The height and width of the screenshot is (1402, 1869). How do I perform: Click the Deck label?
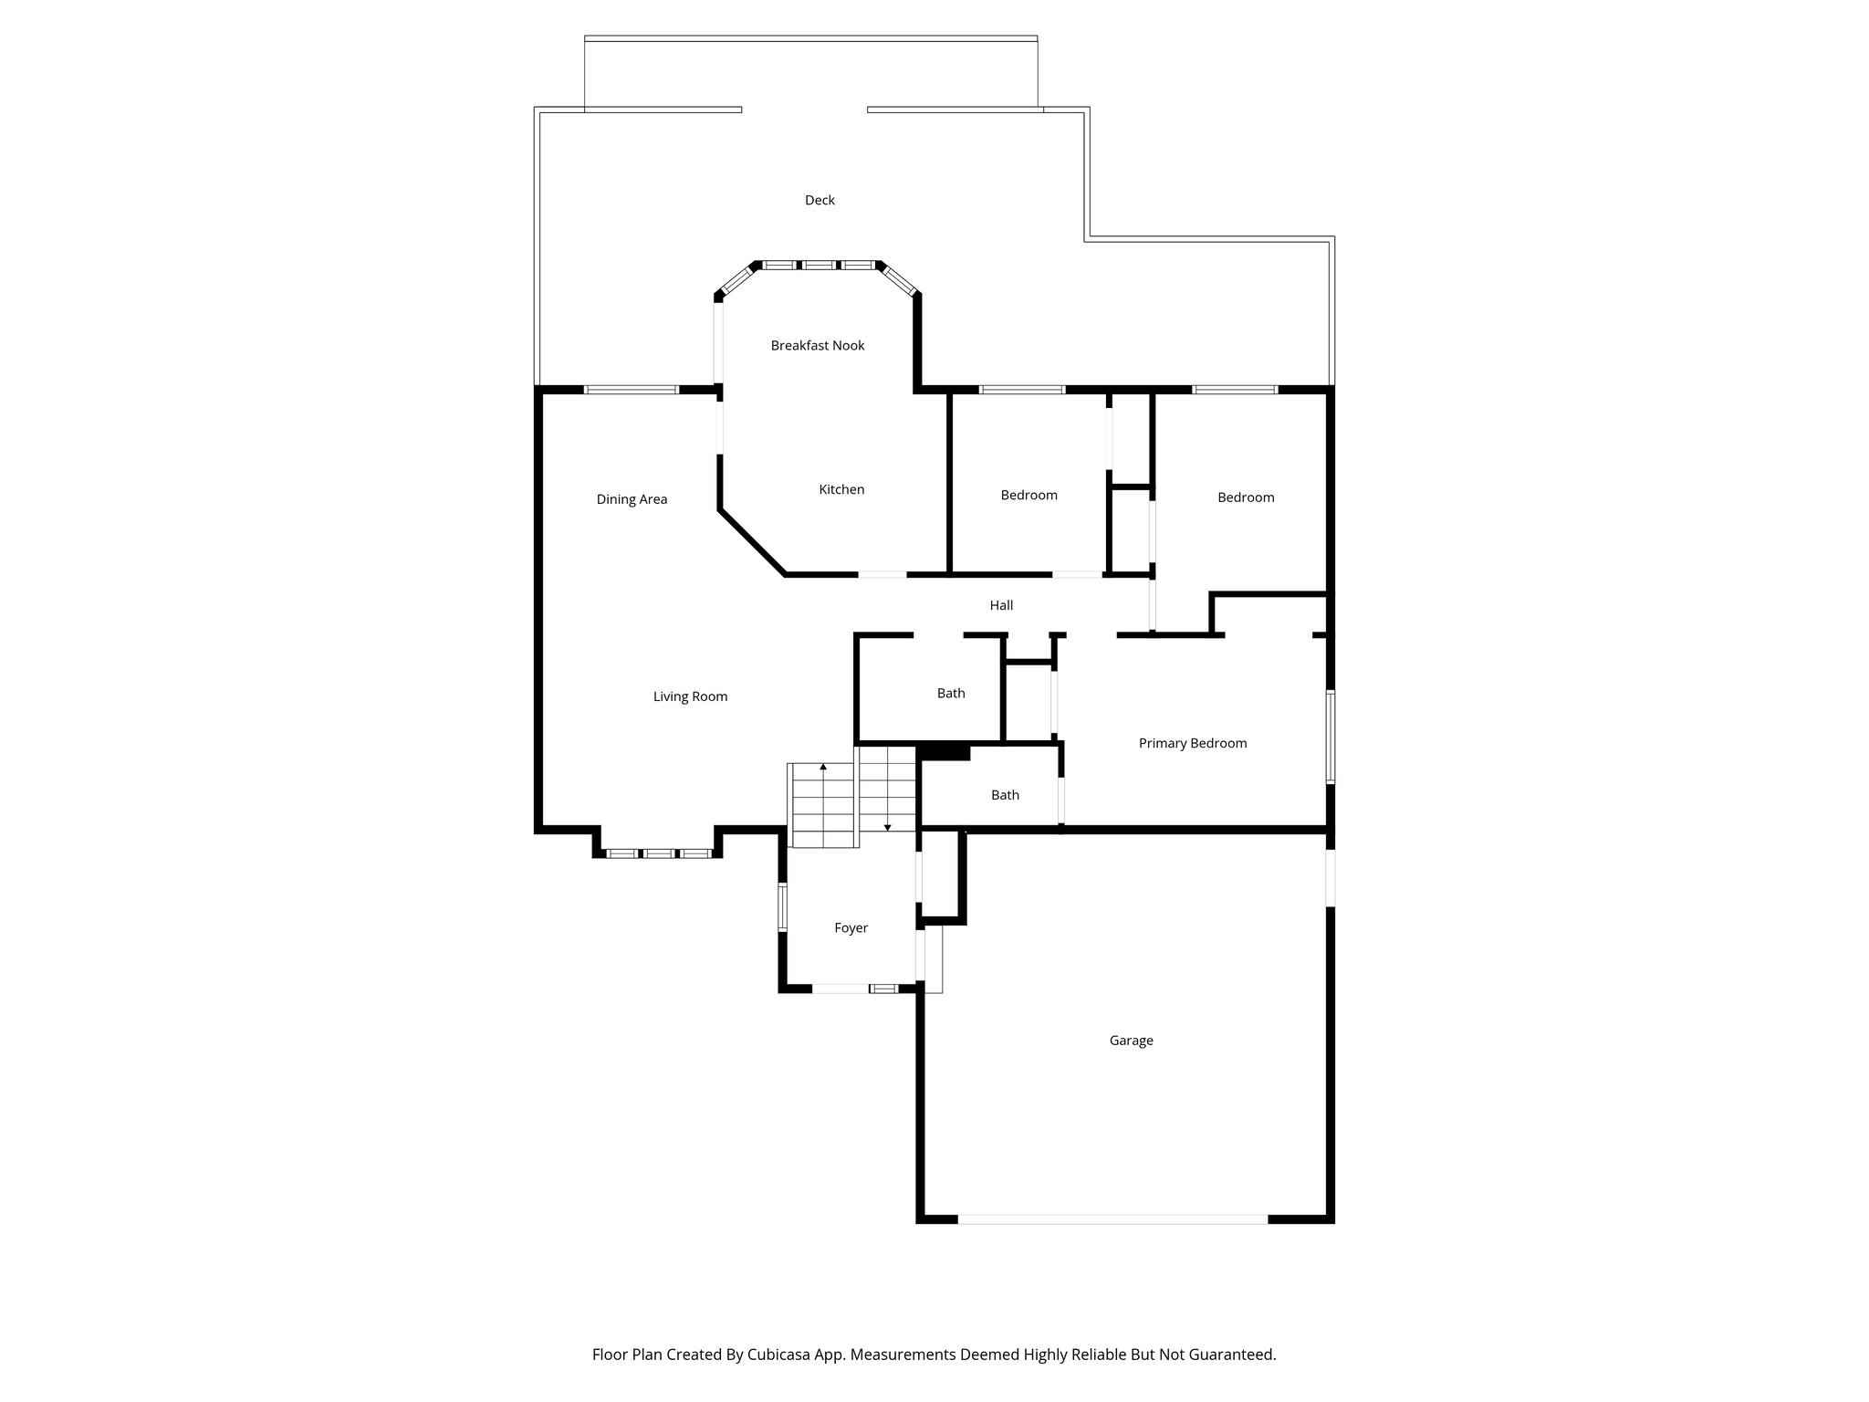click(x=820, y=201)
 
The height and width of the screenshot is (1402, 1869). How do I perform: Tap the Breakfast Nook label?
click(x=818, y=346)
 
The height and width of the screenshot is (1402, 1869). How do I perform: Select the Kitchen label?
click(x=841, y=490)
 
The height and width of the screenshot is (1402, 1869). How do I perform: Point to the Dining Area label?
click(x=632, y=499)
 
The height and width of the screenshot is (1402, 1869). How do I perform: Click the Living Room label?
click(x=690, y=697)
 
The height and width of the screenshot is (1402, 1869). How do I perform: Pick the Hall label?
click(x=1001, y=605)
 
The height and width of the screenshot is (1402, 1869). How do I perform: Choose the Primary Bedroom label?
click(x=1192, y=744)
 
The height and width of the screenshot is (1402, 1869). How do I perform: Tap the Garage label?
click(x=1131, y=1041)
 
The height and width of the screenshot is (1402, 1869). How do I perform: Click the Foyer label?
click(x=851, y=928)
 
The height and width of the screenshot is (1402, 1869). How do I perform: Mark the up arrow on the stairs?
click(x=823, y=768)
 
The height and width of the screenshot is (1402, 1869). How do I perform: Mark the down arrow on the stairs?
click(x=887, y=826)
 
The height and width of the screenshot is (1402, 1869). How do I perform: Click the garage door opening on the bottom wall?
click(x=1112, y=1219)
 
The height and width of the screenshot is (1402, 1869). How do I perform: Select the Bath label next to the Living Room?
click(x=951, y=694)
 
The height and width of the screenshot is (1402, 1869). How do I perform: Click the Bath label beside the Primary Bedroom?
click(x=1005, y=796)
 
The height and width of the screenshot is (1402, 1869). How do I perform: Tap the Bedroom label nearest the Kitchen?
click(x=1028, y=496)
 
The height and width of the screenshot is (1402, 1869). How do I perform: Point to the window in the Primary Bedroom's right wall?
click(x=1330, y=737)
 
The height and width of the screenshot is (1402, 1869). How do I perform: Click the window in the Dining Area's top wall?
click(x=632, y=390)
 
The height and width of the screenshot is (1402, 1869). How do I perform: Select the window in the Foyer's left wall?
click(x=782, y=907)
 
